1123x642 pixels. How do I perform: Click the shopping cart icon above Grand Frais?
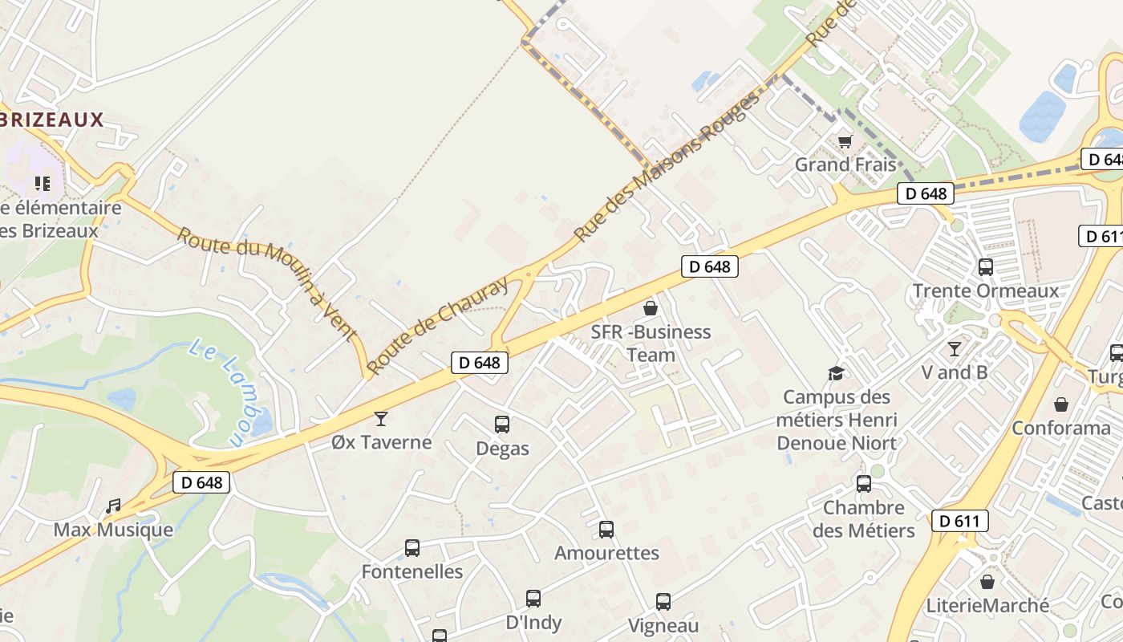pyautogui.click(x=844, y=142)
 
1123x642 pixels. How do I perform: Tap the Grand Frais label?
pyautogui.click(x=845, y=165)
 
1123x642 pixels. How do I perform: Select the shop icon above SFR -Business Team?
pyautogui.click(x=651, y=308)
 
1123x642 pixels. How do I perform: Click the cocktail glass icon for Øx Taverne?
pyautogui.click(x=381, y=418)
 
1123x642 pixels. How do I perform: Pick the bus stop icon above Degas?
pyautogui.click(x=502, y=425)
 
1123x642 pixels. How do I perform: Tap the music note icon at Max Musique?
pyautogui.click(x=113, y=506)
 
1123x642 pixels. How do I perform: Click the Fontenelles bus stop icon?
pyautogui.click(x=412, y=548)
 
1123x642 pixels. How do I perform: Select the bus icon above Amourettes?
pyautogui.click(x=606, y=530)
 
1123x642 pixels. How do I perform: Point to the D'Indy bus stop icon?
pyautogui.click(x=533, y=599)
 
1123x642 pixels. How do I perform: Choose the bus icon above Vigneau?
pyautogui.click(x=663, y=602)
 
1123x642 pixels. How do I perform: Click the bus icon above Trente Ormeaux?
pyautogui.click(x=986, y=267)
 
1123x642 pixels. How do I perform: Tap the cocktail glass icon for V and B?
pyautogui.click(x=955, y=349)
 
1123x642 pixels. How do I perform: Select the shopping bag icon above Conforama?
pyautogui.click(x=1061, y=404)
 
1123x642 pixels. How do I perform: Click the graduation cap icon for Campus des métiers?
pyautogui.click(x=837, y=373)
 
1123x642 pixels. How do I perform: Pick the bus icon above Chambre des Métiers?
pyautogui.click(x=864, y=484)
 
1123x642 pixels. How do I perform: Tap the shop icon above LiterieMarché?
pyautogui.click(x=987, y=582)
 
